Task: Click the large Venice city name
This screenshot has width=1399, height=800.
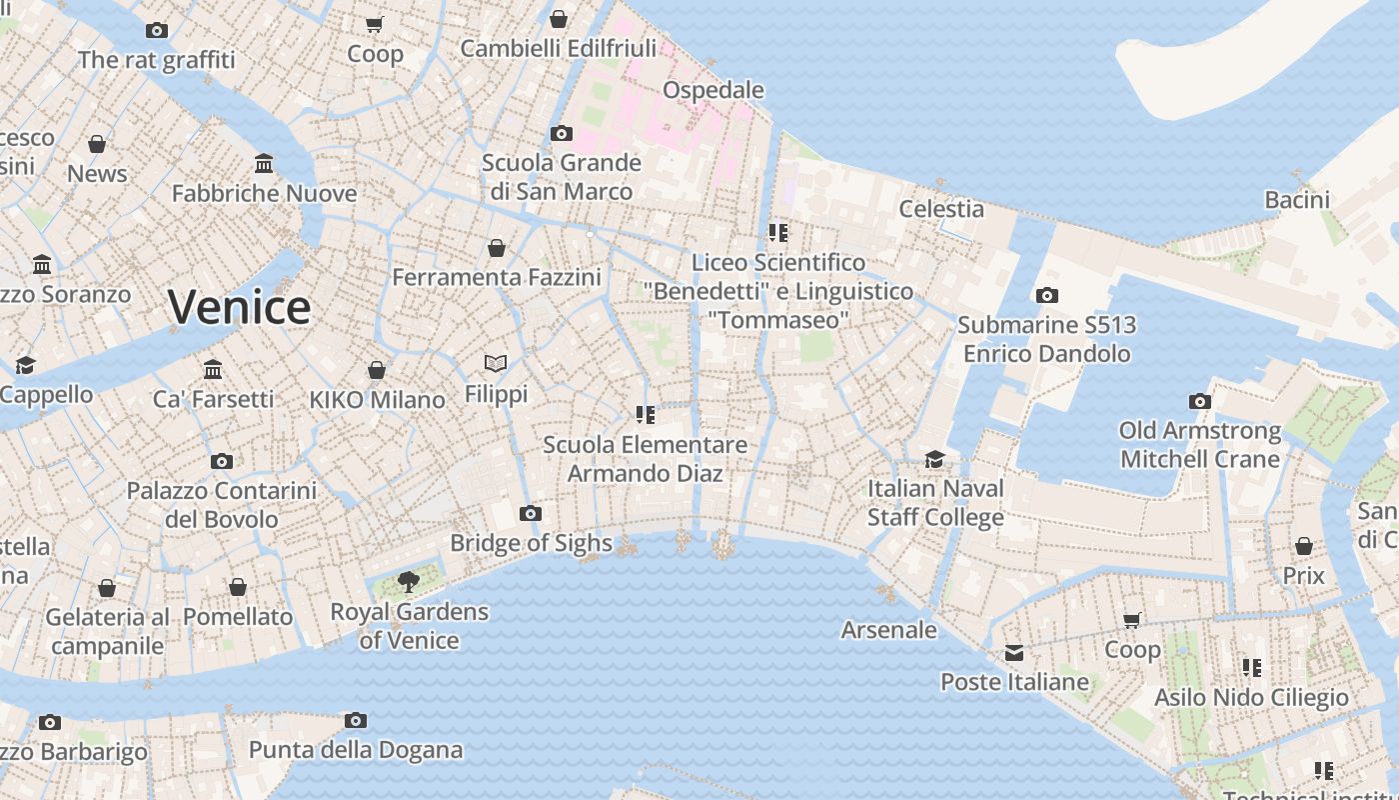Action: [x=239, y=307]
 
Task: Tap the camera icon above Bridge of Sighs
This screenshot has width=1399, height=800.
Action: [x=531, y=514]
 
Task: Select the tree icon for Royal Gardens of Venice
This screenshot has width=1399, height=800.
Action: [x=409, y=582]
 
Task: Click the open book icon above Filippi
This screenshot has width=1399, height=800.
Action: [x=496, y=364]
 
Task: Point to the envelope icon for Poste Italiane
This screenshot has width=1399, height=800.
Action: [x=1014, y=653]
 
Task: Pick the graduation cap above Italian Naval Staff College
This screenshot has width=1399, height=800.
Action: [x=934, y=459]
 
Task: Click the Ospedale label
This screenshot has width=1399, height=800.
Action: [x=713, y=90]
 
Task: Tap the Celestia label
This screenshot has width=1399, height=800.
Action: [x=941, y=209]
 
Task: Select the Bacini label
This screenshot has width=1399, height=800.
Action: [x=1297, y=200]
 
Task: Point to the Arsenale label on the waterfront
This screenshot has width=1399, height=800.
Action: [x=888, y=630]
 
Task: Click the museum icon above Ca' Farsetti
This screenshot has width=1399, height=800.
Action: [x=213, y=370]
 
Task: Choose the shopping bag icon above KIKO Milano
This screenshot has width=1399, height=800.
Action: [x=377, y=371]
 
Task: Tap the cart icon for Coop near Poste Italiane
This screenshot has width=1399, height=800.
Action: [x=1132, y=621]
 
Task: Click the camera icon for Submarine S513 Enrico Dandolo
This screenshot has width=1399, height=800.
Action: [x=1046, y=295]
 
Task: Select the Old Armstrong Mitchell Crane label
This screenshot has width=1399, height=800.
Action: [x=1199, y=445]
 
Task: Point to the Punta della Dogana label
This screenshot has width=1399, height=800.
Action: [x=356, y=750]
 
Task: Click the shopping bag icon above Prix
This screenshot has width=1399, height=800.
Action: [x=1303, y=546]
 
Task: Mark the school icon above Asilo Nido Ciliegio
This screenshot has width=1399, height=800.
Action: [x=1251, y=667]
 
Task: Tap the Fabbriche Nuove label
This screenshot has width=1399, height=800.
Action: [x=264, y=194]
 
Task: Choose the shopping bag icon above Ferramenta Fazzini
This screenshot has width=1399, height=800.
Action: [x=497, y=248]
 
